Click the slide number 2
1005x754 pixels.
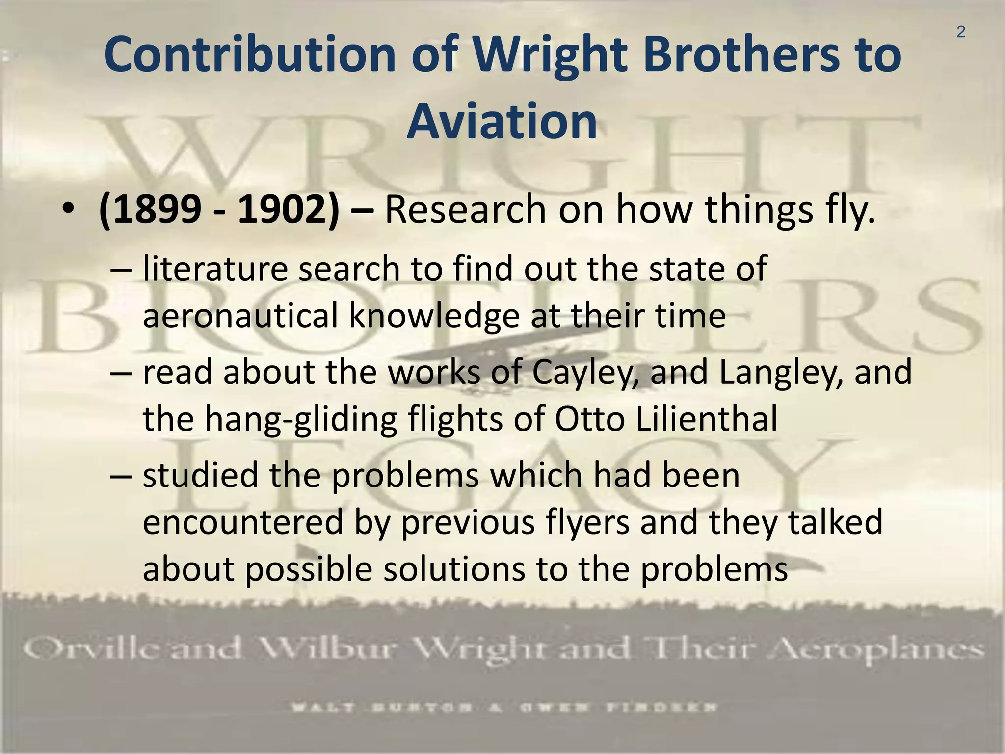point(960,32)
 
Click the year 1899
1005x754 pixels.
point(156,210)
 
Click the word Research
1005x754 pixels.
point(465,210)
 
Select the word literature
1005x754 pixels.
point(215,269)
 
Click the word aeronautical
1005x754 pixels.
point(240,316)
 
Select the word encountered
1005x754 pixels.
point(242,522)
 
